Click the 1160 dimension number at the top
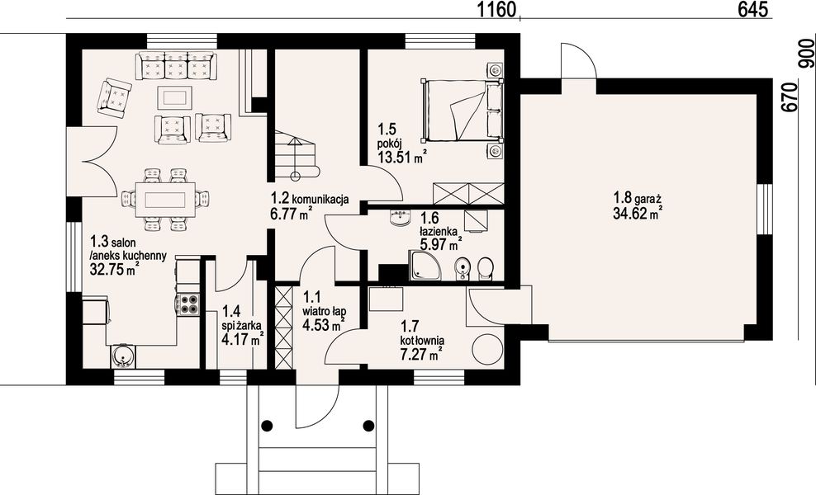(497, 9)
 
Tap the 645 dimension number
(752, 9)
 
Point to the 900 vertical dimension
(806, 54)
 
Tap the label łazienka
(439, 230)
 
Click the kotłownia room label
(422, 340)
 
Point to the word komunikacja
(320, 198)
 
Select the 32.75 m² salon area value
(115, 269)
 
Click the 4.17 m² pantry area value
(242, 340)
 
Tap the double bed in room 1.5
(463, 111)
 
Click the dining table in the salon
(165, 200)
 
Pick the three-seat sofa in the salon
(176, 65)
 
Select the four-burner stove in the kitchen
(188, 304)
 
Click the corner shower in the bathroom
(425, 265)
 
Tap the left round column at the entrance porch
(267, 426)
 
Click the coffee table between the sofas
(175, 97)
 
